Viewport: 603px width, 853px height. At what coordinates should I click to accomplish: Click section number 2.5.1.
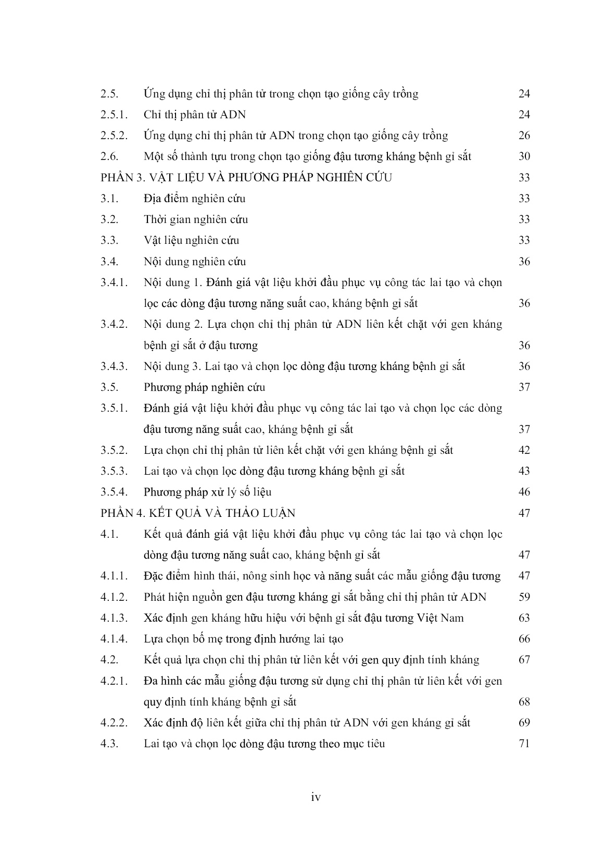pyautogui.click(x=114, y=115)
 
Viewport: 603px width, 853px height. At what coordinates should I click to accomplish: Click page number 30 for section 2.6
pyautogui.click(x=524, y=157)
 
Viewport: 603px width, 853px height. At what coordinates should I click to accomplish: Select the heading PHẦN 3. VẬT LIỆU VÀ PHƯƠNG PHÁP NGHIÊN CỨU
pyautogui.click(x=246, y=178)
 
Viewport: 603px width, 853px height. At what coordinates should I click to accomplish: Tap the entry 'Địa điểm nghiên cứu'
pyautogui.click(x=194, y=199)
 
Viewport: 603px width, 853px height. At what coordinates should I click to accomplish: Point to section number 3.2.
pyautogui.click(x=110, y=219)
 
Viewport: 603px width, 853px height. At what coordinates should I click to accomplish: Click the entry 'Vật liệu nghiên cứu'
pyautogui.click(x=191, y=241)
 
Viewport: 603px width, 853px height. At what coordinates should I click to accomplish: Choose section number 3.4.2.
pyautogui.click(x=114, y=325)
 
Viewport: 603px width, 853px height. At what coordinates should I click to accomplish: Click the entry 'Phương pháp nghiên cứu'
pyautogui.click(x=204, y=387)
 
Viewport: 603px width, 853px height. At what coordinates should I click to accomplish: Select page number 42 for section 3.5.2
pyautogui.click(x=524, y=450)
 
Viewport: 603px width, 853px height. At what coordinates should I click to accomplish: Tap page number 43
pyautogui.click(x=524, y=471)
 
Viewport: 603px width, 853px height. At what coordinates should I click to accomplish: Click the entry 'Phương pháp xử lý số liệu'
pyautogui.click(x=207, y=492)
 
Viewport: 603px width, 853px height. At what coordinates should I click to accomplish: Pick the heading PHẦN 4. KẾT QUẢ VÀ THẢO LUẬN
pyautogui.click(x=198, y=513)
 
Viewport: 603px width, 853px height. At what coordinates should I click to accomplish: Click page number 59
pyautogui.click(x=524, y=597)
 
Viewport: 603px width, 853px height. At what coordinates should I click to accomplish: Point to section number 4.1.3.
pyautogui.click(x=114, y=618)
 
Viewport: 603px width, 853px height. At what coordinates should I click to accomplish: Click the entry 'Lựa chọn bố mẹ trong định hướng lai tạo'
pyautogui.click(x=243, y=639)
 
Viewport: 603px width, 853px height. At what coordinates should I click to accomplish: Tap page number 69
pyautogui.click(x=524, y=723)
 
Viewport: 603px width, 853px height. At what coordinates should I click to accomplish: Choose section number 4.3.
pyautogui.click(x=110, y=744)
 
